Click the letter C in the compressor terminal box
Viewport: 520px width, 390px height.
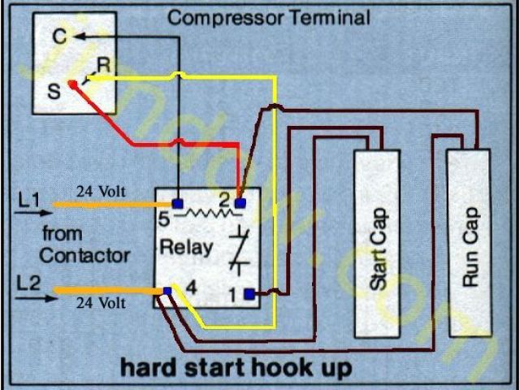(x=59, y=37)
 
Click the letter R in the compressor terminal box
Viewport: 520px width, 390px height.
(x=103, y=64)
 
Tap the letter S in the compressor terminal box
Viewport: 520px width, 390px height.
(x=54, y=90)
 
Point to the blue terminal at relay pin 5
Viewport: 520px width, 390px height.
(x=177, y=201)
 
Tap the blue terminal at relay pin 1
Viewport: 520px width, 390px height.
(x=249, y=293)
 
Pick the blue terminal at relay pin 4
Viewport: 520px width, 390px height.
(x=167, y=290)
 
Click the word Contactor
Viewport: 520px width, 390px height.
(x=84, y=255)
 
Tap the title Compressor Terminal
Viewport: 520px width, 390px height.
(x=268, y=16)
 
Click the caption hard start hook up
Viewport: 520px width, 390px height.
(x=236, y=367)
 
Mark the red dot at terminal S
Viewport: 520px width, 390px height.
(x=73, y=83)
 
